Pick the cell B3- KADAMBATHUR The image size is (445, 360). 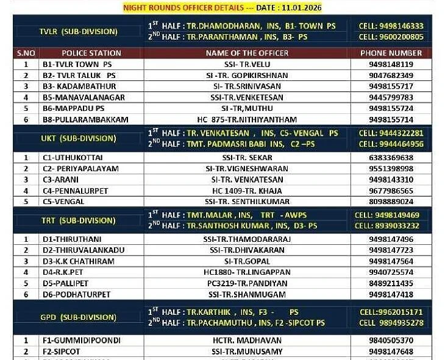(x=75, y=86)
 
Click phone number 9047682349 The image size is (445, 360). (x=391, y=75)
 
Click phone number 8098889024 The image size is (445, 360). (x=391, y=202)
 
